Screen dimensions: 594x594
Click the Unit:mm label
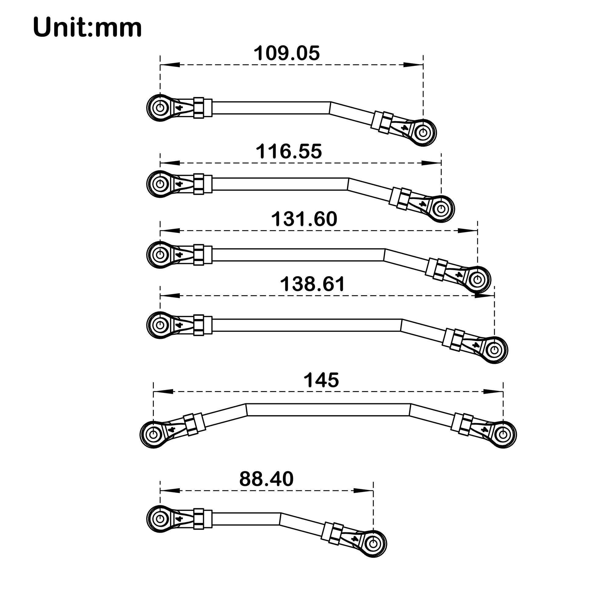click(87, 27)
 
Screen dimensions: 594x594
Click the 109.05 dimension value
click(287, 53)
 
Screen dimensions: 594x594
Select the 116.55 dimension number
click(289, 151)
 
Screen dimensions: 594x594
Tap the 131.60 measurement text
click(304, 219)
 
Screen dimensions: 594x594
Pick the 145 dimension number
click(321, 380)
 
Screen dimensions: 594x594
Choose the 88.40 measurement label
click(266, 479)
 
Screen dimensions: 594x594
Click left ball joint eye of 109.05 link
click(160, 108)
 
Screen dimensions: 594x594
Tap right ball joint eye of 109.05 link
click(423, 132)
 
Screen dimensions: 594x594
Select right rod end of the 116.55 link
click(441, 209)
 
